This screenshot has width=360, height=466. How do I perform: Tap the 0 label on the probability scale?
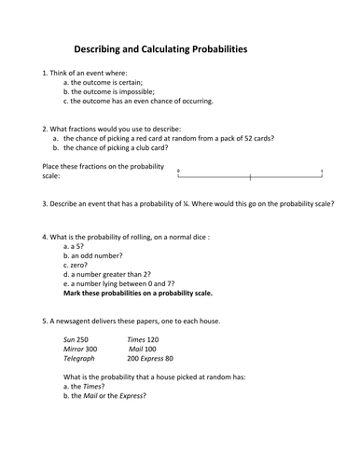pos(178,170)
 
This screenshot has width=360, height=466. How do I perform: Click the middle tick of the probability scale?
pos(250,176)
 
